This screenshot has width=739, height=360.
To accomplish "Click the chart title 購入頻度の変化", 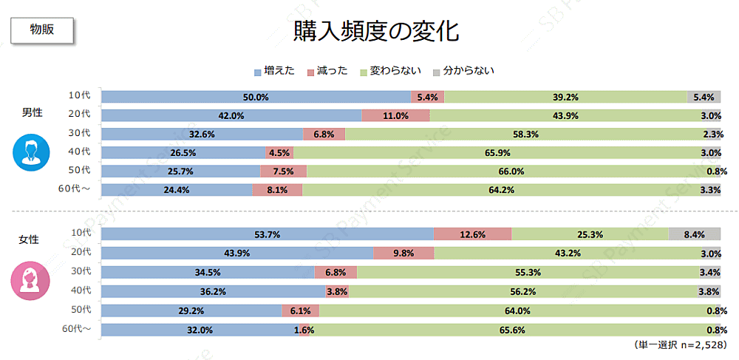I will tap(376, 32).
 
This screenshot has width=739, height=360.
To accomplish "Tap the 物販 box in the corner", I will tap(41, 30).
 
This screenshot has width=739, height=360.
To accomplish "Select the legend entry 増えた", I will tap(274, 71).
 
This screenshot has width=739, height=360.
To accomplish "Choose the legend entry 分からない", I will tap(463, 71).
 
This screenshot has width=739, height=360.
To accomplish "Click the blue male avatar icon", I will tap(30, 152).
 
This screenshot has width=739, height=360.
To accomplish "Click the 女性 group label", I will tap(30, 240).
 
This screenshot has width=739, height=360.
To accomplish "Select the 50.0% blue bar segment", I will tap(256, 97).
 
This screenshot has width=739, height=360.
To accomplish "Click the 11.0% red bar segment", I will tap(396, 115).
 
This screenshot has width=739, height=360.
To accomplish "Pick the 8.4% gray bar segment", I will tap(694, 234).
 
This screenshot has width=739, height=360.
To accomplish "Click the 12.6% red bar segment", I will tap(473, 234).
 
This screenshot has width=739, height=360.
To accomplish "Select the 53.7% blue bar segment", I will tap(268, 234).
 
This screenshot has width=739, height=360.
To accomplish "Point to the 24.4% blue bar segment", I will tap(177, 189).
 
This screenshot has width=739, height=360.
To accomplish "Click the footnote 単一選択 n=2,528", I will tap(677, 345).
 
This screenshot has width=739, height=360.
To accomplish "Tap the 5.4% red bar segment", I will tap(428, 97).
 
